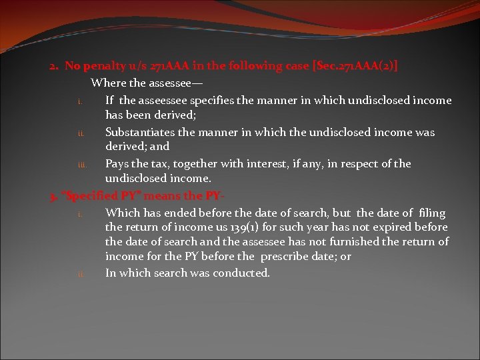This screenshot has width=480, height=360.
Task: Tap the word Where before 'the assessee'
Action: (107, 83)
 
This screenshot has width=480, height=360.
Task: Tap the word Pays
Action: (118, 163)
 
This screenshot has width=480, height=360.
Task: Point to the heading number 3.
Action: (53, 196)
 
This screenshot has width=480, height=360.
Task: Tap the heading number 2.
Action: (53, 66)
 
